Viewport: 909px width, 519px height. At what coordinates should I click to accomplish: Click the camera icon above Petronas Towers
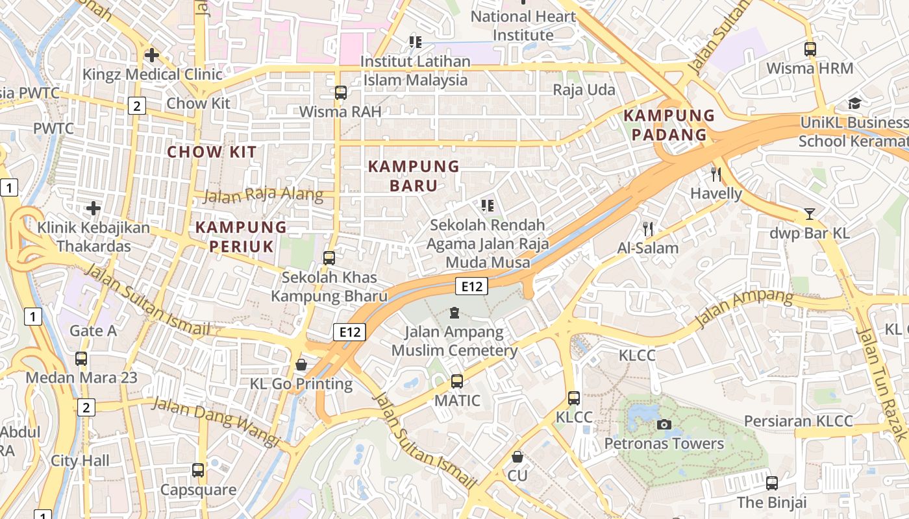pyautogui.click(x=664, y=424)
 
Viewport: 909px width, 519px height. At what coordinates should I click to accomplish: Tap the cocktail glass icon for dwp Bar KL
pyautogui.click(x=809, y=213)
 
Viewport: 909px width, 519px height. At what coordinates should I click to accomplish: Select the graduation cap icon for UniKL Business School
pyautogui.click(x=854, y=104)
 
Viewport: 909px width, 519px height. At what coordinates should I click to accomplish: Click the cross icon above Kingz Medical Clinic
pyautogui.click(x=152, y=55)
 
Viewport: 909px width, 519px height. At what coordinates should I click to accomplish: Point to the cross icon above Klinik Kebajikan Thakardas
pyautogui.click(x=93, y=208)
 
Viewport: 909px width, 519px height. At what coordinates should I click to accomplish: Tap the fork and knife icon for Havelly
pyautogui.click(x=716, y=174)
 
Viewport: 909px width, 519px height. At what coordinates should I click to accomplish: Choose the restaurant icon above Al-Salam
pyautogui.click(x=647, y=228)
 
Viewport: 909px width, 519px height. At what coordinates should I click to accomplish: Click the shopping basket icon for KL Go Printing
pyautogui.click(x=301, y=365)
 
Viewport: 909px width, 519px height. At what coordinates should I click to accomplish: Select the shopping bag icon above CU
pyautogui.click(x=517, y=457)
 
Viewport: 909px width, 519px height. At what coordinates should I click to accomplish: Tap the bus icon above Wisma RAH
pyautogui.click(x=341, y=92)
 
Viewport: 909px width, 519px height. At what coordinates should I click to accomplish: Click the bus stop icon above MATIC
pyautogui.click(x=457, y=381)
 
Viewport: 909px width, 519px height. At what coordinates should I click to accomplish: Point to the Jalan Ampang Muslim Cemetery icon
pyautogui.click(x=454, y=313)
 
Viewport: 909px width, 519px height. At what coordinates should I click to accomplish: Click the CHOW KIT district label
pyautogui.click(x=212, y=152)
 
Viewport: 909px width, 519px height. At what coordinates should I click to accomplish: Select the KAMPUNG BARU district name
pyautogui.click(x=414, y=176)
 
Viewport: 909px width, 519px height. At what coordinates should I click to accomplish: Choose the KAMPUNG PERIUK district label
pyautogui.click(x=241, y=237)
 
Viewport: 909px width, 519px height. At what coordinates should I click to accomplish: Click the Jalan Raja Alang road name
pyautogui.click(x=263, y=195)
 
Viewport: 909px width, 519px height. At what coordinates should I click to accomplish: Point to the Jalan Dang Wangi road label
pyautogui.click(x=216, y=422)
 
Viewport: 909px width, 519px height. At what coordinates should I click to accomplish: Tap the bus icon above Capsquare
pyautogui.click(x=198, y=470)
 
